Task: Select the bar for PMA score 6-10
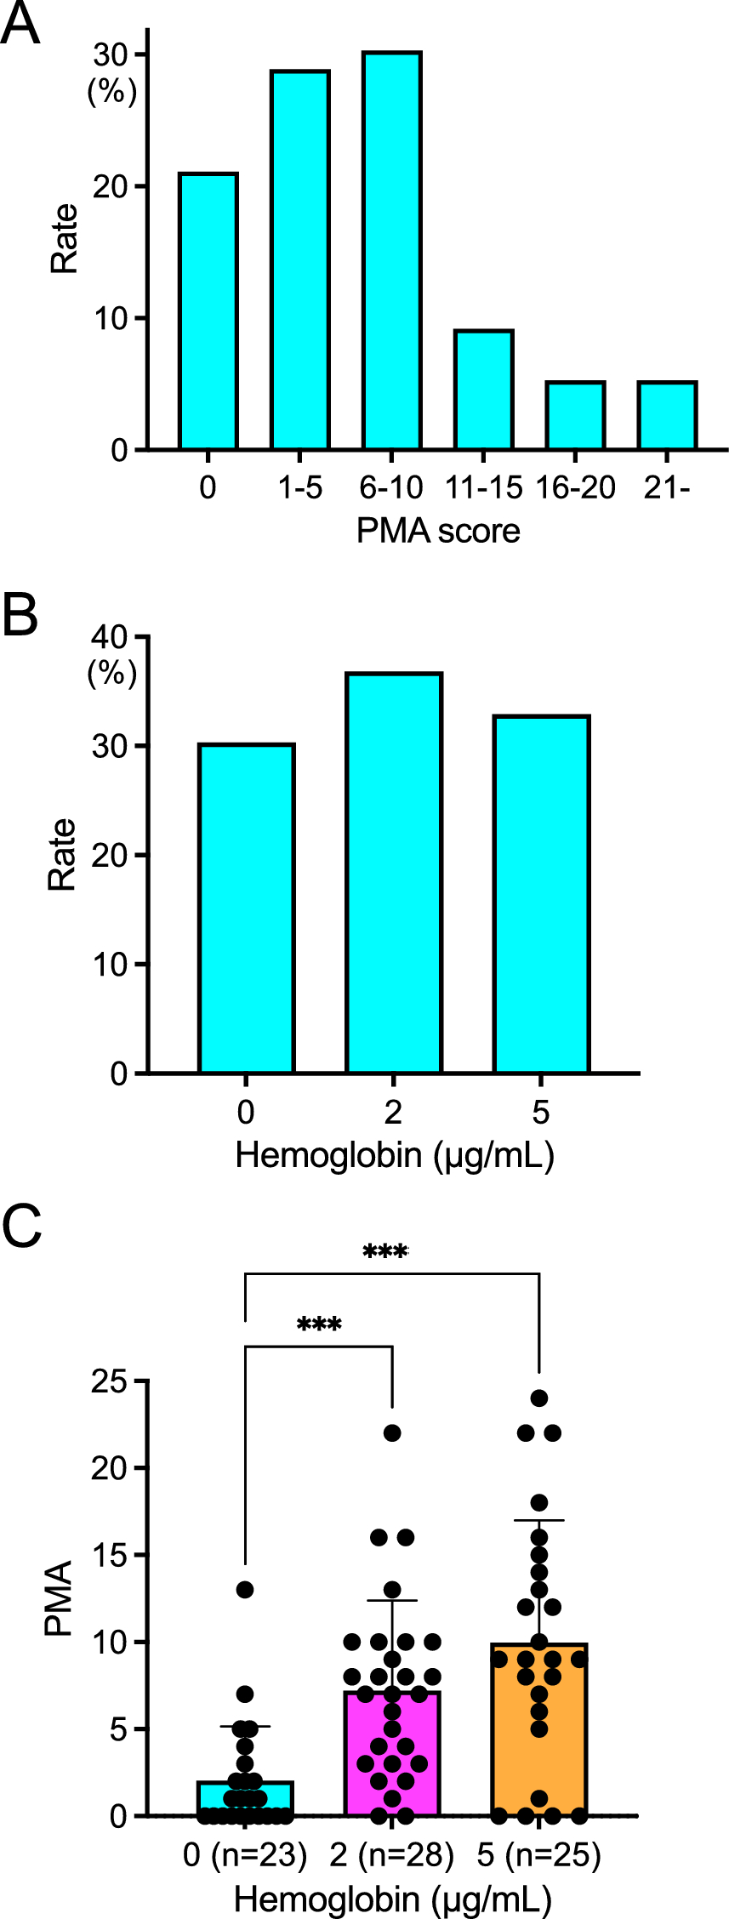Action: click(x=392, y=250)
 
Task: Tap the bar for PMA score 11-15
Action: click(x=483, y=390)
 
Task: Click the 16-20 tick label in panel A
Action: click(x=575, y=487)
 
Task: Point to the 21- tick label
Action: click(x=667, y=487)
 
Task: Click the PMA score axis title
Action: click(x=437, y=531)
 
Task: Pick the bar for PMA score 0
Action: click(x=208, y=311)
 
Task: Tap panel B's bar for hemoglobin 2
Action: click(x=393, y=873)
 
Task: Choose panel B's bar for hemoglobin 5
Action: click(x=541, y=894)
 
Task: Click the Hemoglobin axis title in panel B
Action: click(x=394, y=1154)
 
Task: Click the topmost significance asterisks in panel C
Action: click(x=385, y=1251)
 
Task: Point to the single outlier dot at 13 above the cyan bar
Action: click(x=245, y=1590)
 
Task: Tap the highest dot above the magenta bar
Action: click(x=392, y=1433)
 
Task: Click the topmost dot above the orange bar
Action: click(x=539, y=1398)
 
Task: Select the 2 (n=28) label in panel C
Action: click(x=392, y=1854)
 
